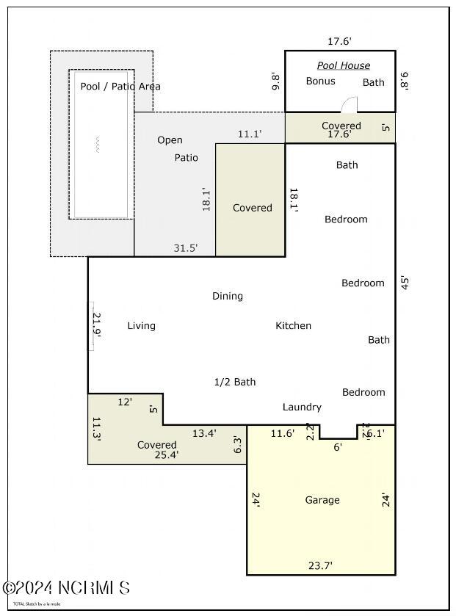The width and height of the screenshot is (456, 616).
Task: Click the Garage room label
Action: (x=322, y=500)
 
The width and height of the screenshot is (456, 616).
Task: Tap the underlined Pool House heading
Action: (x=344, y=65)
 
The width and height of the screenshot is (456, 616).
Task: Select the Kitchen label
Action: (x=293, y=325)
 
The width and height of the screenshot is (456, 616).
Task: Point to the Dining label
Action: (x=228, y=296)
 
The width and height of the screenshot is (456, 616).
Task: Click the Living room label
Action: (x=141, y=325)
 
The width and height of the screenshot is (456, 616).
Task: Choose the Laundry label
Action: (x=302, y=407)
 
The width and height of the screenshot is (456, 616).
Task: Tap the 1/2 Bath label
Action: (x=235, y=382)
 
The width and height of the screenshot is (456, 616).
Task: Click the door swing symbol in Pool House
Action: (x=350, y=105)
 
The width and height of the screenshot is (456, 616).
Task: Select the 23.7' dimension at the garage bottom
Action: (x=319, y=565)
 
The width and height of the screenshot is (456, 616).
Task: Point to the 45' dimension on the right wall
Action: (x=404, y=283)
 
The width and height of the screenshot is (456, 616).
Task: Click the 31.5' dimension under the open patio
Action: (x=185, y=248)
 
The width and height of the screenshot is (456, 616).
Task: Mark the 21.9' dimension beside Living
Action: (x=96, y=325)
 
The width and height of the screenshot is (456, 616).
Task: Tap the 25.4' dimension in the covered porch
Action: (x=166, y=454)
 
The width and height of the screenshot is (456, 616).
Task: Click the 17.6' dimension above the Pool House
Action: (x=339, y=42)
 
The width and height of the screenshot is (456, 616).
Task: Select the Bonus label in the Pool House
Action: (x=320, y=81)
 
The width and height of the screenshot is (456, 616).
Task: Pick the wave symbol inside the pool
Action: (x=95, y=144)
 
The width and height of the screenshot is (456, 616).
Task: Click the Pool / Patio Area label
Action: (x=120, y=86)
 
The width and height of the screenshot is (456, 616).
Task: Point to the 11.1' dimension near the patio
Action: (x=250, y=134)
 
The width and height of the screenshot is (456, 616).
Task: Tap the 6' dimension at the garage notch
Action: (x=338, y=446)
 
